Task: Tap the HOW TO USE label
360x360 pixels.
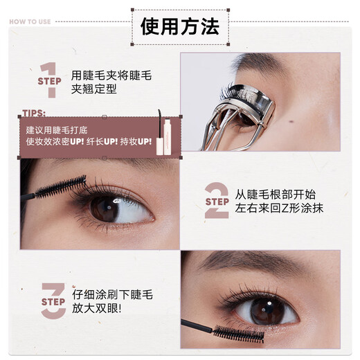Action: pyautogui.click(x=30, y=21)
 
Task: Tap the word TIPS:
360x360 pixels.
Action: pyautogui.click(x=34, y=113)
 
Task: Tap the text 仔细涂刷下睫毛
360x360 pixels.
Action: pyautogui.click(x=111, y=294)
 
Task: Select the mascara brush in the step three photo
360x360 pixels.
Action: pyautogui.click(x=240, y=332)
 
